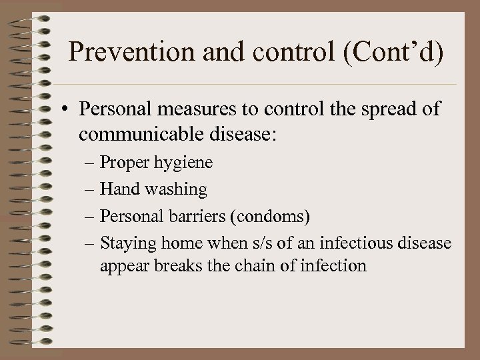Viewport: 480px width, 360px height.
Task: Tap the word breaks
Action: [178, 265]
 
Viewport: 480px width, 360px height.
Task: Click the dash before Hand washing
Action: [90, 190]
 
